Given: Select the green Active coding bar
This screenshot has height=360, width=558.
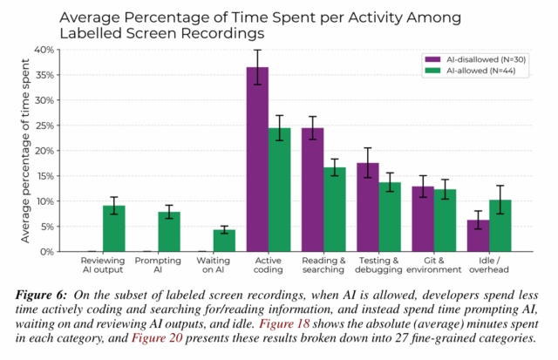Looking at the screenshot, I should [279, 190].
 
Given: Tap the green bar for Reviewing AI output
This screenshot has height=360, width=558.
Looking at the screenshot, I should [113, 228].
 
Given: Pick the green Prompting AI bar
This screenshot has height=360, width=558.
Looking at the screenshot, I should [169, 232].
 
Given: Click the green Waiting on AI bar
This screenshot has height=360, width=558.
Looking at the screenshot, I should [224, 241].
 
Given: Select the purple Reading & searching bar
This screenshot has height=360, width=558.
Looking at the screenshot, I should [313, 190].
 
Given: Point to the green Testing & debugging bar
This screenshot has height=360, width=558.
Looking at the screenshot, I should [390, 217].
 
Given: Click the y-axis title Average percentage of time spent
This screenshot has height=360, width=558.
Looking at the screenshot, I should [25, 150].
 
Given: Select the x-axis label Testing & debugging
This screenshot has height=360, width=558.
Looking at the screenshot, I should [378, 265].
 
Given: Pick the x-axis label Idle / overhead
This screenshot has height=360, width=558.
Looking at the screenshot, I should [489, 265].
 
